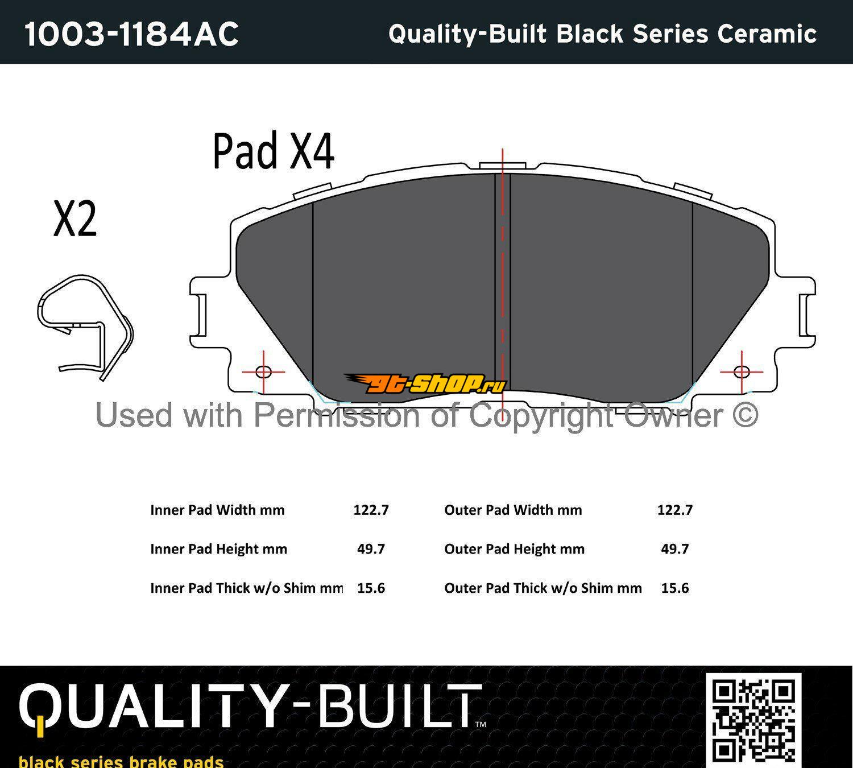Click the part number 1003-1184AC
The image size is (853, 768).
[x=131, y=34]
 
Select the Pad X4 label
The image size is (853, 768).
[x=274, y=151]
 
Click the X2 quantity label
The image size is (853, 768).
[x=75, y=218]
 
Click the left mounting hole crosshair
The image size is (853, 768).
[x=264, y=372]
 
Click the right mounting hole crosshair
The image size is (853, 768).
[x=742, y=372]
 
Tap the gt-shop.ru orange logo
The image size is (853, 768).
[x=425, y=384]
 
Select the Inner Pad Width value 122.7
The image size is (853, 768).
[x=371, y=510]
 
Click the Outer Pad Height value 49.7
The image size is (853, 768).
[x=675, y=549]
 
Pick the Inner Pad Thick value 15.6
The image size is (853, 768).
[x=371, y=588]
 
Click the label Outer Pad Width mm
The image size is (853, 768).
[x=514, y=510]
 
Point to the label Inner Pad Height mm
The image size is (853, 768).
[x=218, y=549]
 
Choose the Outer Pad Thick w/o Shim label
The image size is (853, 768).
[x=543, y=588]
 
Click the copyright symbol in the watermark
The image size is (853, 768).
[x=746, y=415]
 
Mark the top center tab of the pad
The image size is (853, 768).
[x=503, y=166]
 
